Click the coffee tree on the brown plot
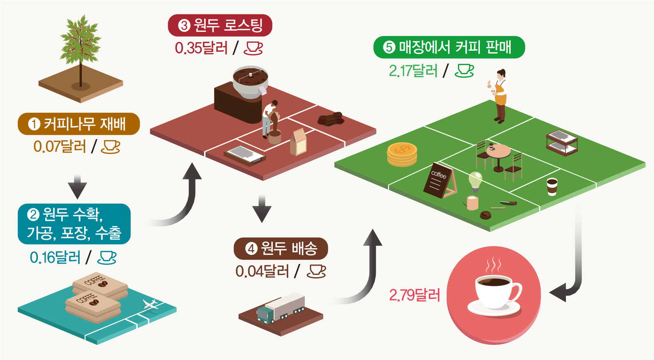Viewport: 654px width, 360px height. [x=81, y=45]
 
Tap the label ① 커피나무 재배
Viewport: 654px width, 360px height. [x=78, y=124]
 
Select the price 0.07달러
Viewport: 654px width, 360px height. [x=60, y=147]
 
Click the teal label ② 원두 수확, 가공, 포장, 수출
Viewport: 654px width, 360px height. [x=74, y=224]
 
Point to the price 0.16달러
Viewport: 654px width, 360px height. [x=55, y=258]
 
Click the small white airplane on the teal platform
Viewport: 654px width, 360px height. [x=150, y=305]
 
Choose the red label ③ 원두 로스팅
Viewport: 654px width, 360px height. [x=220, y=25]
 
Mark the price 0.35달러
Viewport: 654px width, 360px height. [x=201, y=48]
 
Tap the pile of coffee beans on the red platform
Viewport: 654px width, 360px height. [x=330, y=119]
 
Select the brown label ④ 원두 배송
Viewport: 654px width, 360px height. [x=281, y=248]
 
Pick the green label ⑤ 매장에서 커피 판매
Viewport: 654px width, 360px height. [x=449, y=47]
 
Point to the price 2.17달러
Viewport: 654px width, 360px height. [x=413, y=71]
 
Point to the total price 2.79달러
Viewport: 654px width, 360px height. [x=415, y=295]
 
